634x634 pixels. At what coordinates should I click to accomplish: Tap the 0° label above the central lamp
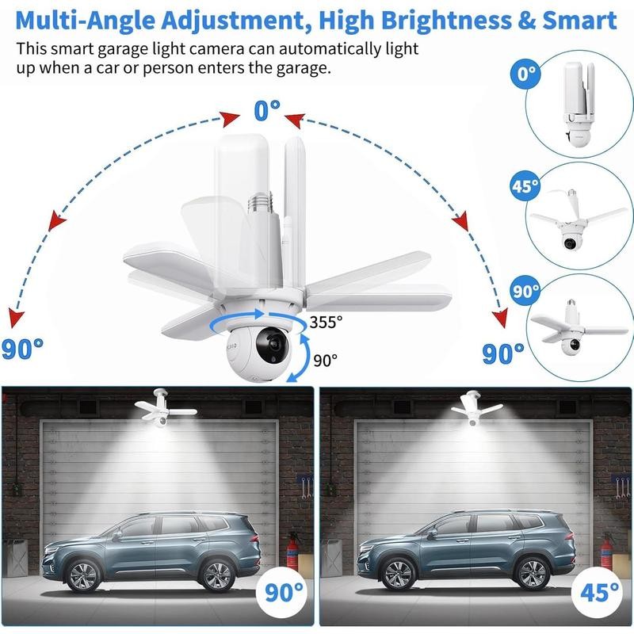266,110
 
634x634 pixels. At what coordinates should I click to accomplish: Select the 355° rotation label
327,322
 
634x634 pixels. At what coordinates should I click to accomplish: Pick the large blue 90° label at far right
503,352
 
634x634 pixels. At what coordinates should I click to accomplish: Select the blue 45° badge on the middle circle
524,187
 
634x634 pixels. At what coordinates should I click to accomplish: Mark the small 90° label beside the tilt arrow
325,360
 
